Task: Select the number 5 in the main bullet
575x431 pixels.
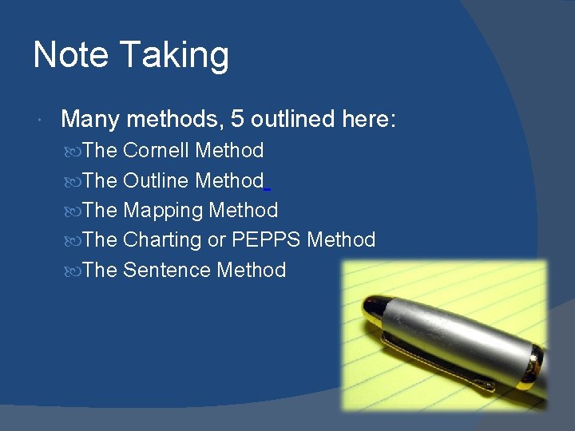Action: [x=237, y=120]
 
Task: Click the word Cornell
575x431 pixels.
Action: [x=157, y=150]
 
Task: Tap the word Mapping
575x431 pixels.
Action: [x=163, y=211]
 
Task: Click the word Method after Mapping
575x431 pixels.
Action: [x=243, y=211]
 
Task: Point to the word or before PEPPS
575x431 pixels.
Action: [x=216, y=240]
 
